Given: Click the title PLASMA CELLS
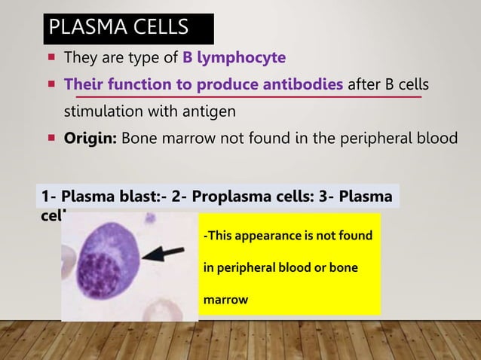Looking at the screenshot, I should coord(118,28).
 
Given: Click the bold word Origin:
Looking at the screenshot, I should coord(90,139).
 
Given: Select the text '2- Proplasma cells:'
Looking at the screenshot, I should coord(234,197).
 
